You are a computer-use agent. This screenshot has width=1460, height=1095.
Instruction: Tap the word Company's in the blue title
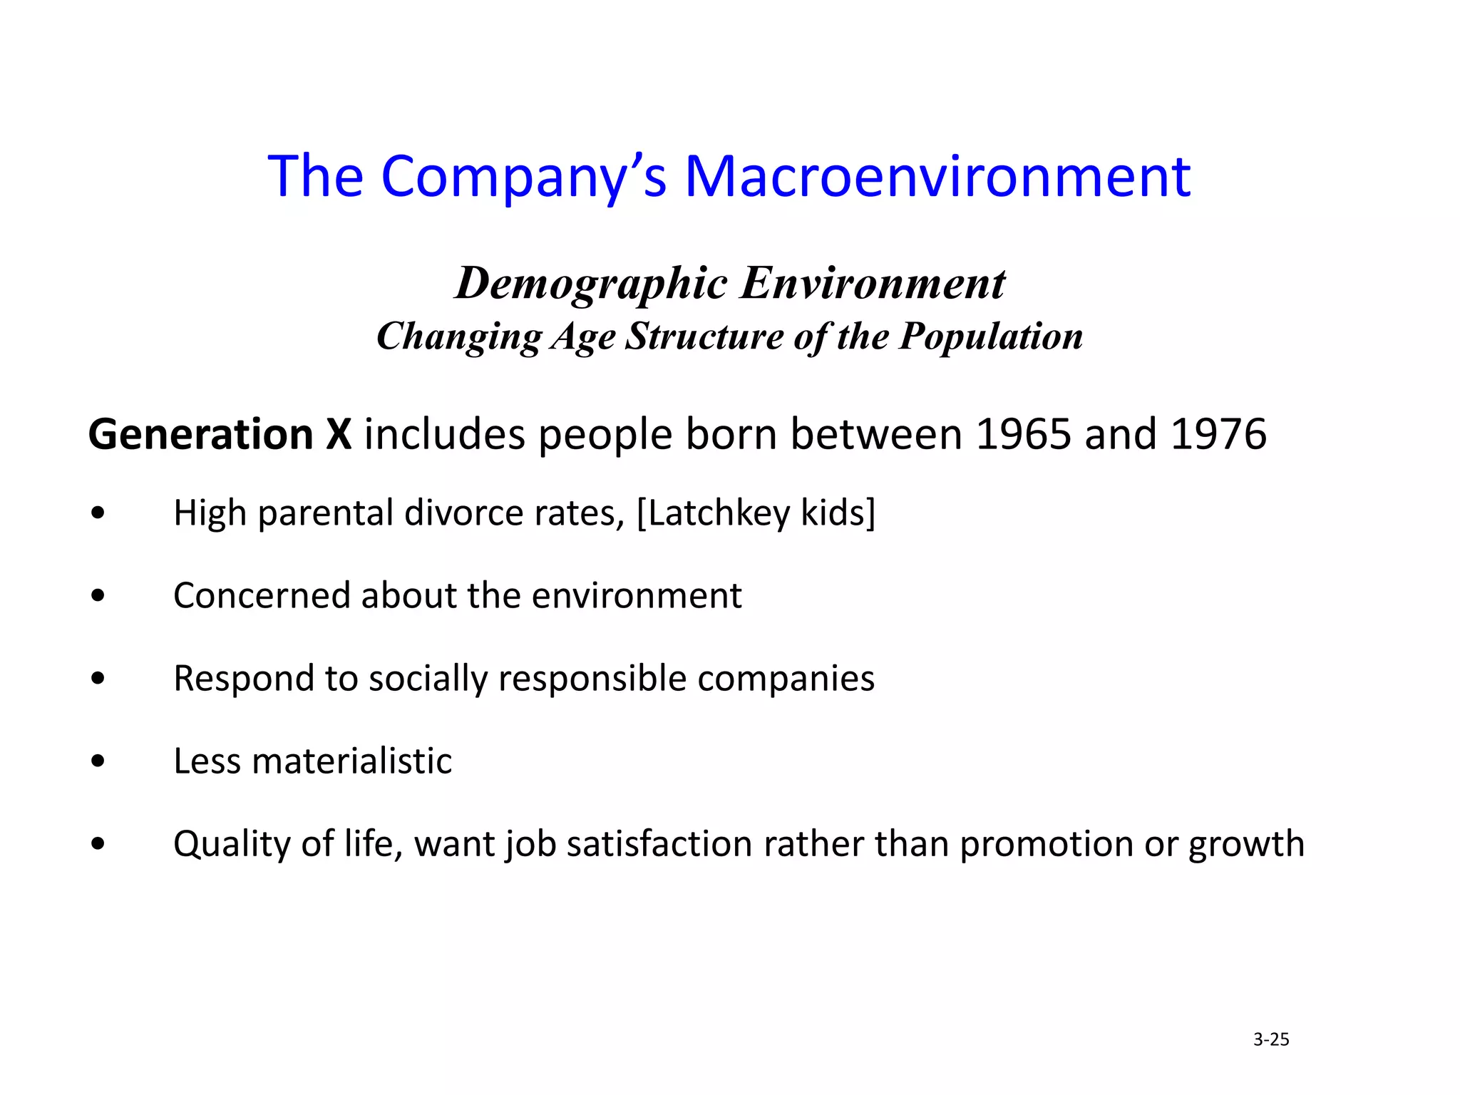pos(524,176)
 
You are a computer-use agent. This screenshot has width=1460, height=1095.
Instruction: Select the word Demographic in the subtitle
pos(592,284)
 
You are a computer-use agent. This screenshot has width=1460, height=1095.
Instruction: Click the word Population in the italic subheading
pos(991,336)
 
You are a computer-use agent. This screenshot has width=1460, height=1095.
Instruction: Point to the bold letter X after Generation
pos(339,434)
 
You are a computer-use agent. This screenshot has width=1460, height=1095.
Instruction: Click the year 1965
pos(1023,434)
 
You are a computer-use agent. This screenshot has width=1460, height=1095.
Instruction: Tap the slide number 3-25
pos(1271,1039)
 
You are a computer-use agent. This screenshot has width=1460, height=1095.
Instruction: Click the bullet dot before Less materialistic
pos(98,761)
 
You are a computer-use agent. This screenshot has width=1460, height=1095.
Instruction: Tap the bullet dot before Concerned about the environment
pos(98,595)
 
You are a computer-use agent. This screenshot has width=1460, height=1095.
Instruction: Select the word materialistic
pos(352,761)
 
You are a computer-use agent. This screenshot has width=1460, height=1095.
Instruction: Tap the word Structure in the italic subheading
pos(704,336)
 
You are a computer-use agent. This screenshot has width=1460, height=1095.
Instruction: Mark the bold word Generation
pos(200,434)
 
